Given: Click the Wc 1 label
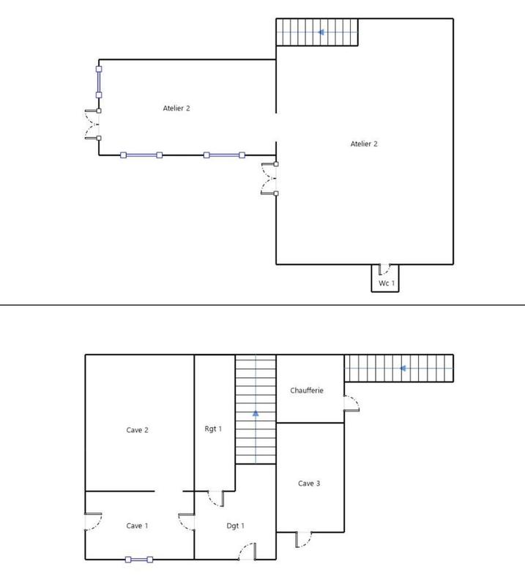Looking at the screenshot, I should point(386,283).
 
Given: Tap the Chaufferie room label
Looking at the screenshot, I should point(306,390).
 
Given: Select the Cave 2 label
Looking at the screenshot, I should point(138,430).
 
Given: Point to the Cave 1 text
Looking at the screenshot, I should point(137,525).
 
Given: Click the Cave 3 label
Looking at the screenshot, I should point(309,483).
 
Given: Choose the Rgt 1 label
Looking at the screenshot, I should point(214,428).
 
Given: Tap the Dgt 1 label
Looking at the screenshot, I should point(235,525).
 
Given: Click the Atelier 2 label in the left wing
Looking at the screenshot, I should point(176,108).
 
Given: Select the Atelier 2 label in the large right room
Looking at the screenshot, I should point(364,144).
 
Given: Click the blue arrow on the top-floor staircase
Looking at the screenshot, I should point(320,32).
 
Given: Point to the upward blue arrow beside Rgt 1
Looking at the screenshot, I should point(256,413).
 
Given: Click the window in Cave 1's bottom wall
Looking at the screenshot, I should point(138,560).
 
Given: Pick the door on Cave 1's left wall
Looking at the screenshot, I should point(92,522).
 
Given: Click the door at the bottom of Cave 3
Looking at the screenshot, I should point(304,539).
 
